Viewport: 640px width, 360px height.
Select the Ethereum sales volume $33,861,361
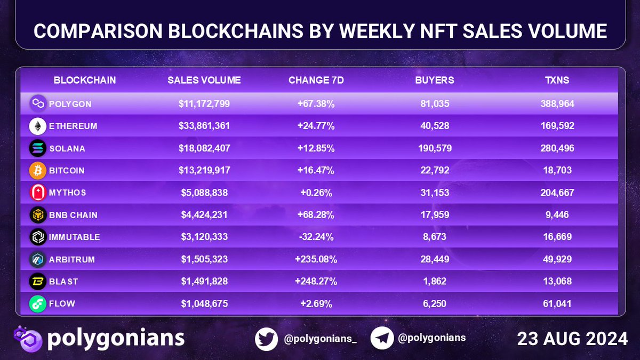204,126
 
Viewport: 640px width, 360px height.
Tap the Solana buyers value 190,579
435,148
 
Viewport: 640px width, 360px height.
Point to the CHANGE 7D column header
316,81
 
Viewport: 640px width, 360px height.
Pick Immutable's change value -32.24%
316,237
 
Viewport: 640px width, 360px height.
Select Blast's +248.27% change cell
316,282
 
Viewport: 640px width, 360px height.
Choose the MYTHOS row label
67,193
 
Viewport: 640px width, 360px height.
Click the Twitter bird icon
266,339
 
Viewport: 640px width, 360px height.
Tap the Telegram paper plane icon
382,339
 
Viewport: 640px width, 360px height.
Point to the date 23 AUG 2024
572,339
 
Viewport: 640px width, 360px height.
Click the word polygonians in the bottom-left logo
116,339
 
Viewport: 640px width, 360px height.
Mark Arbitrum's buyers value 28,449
435,259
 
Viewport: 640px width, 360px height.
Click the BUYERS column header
435,81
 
